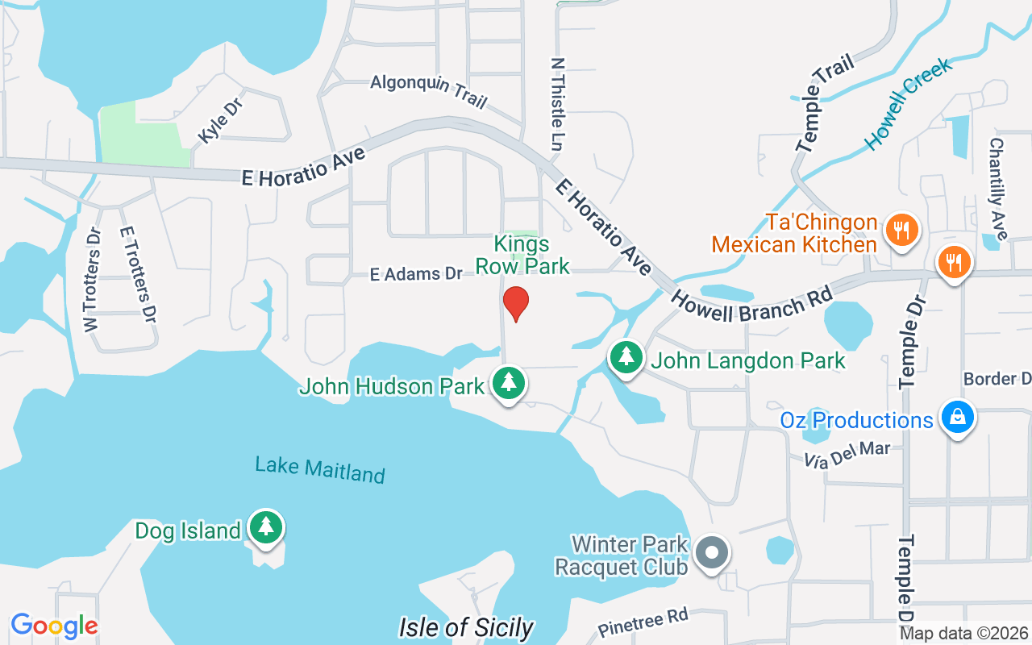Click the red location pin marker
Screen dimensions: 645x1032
pos(515,304)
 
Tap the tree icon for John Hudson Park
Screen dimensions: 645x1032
pos(509,383)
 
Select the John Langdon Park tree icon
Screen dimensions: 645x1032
pos(626,357)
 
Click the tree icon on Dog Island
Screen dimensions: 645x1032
pos(266,527)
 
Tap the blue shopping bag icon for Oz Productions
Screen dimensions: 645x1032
pos(957,418)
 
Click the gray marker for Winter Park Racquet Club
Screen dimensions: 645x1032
pos(711,554)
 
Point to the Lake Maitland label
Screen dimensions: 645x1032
pos(320,469)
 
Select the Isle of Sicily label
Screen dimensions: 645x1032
pos(466,627)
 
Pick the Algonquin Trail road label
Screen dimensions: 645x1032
pos(429,90)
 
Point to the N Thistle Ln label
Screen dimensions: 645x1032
pos(556,104)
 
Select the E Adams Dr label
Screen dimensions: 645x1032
pos(416,274)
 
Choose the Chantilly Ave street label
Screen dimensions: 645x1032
pos(998,189)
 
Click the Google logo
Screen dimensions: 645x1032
pos(54,626)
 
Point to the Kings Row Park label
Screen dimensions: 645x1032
pos(522,255)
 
